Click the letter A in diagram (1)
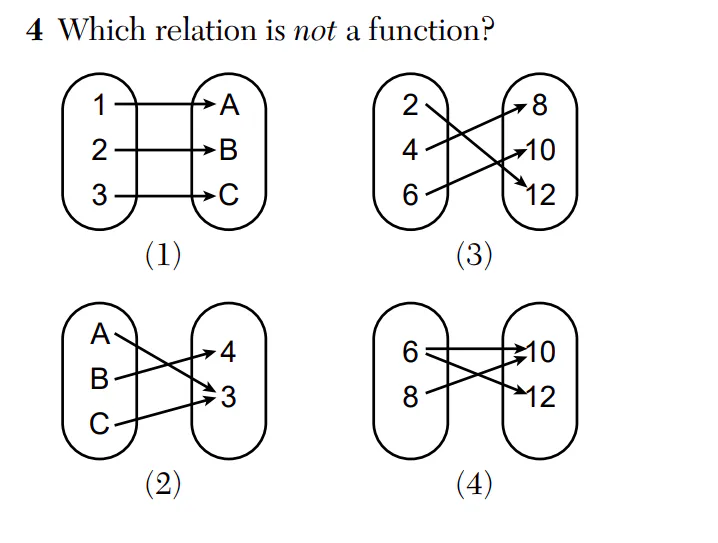coord(229,105)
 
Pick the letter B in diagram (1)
coord(229,151)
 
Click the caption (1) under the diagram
coord(163,256)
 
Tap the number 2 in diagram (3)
coord(410,105)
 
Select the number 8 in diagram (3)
coord(540,105)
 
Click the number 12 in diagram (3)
coord(540,195)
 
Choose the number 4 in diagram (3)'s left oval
coord(410,151)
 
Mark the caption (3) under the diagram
coord(474,256)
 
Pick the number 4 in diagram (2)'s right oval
coord(229,353)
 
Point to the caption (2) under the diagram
coord(163,486)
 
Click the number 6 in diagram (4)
coord(410,353)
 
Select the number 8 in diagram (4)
coord(410,399)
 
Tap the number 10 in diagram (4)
coord(540,353)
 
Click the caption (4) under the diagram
coord(474,486)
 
